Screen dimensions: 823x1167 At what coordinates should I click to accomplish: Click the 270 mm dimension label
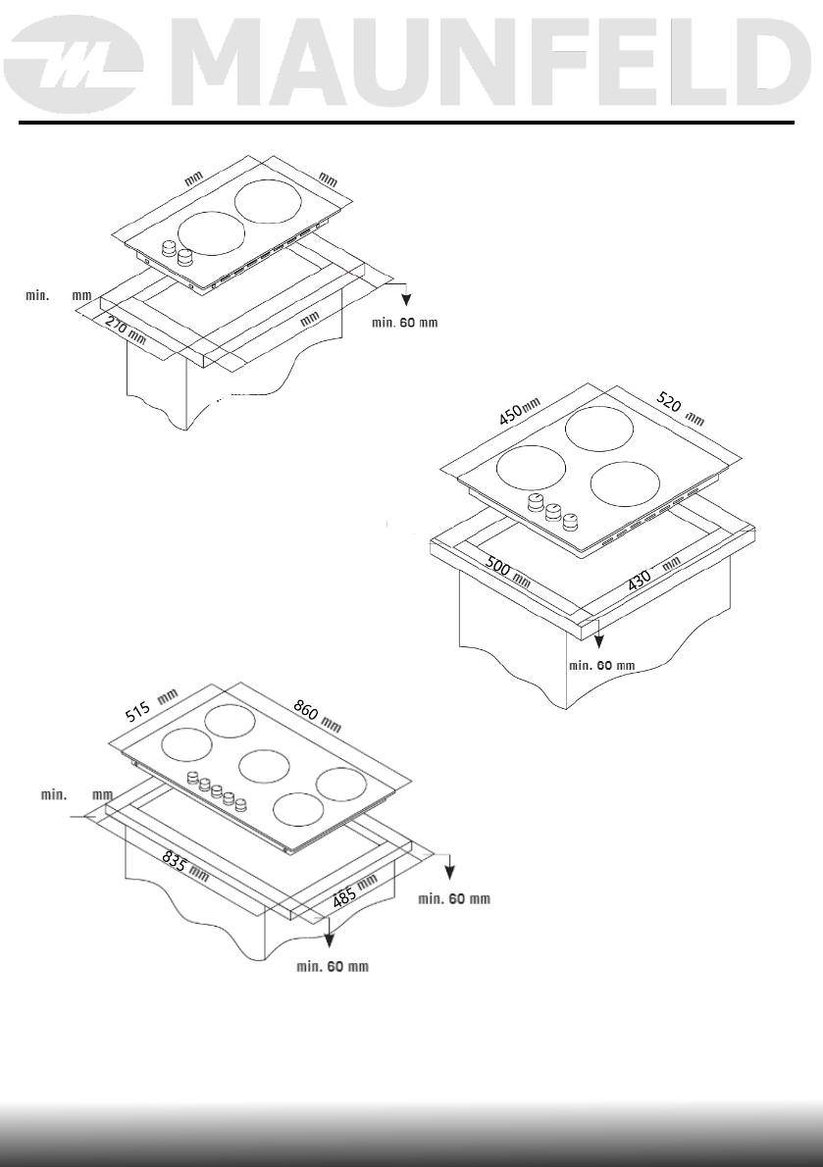(123, 329)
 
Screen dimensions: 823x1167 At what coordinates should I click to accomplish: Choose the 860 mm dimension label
(317, 716)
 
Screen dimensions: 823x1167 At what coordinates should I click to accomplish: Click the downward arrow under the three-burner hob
(598, 637)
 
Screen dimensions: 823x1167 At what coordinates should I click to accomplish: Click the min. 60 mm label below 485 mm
(333, 968)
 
